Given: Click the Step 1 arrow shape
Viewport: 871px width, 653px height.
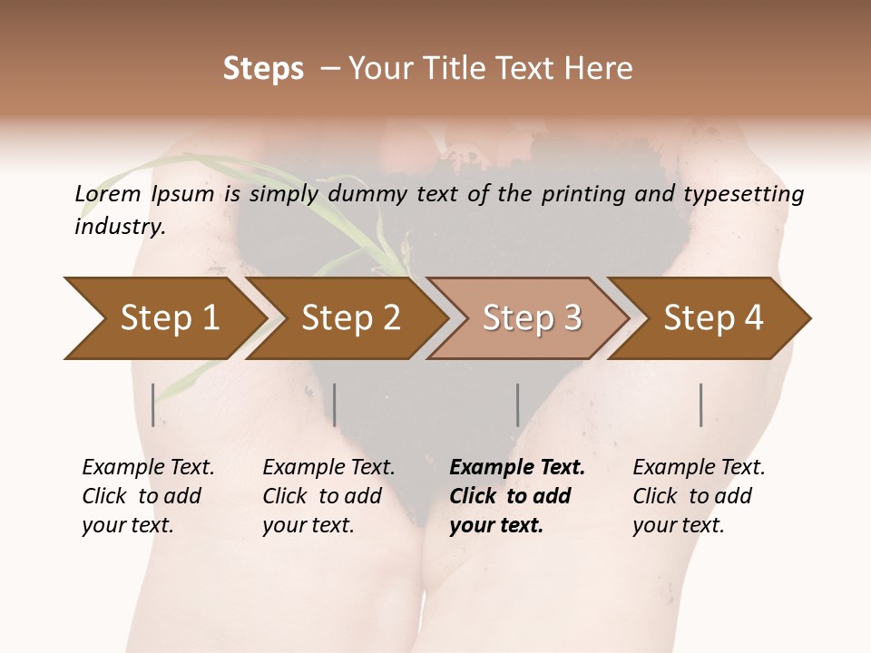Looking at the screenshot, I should [163, 317].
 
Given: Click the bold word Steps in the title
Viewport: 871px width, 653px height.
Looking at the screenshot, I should [263, 69].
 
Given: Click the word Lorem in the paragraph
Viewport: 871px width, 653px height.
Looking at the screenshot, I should [107, 193].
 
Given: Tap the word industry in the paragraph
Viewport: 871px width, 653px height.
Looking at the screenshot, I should [119, 226].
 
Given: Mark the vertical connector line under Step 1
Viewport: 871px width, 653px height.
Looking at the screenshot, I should [152, 404].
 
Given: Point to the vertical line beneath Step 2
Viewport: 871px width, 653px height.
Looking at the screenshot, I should [335, 404].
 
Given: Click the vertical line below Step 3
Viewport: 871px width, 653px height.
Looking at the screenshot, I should [517, 404].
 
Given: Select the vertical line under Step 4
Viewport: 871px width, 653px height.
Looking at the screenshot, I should [700, 404].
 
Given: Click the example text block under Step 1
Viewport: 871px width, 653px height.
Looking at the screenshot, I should [148, 496].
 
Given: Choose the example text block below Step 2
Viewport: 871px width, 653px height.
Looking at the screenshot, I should [328, 496].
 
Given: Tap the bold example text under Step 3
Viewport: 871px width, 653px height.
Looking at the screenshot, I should [517, 496].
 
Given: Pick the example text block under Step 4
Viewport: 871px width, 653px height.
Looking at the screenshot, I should [699, 496].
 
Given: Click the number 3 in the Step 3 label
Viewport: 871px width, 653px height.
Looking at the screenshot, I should [571, 317].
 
